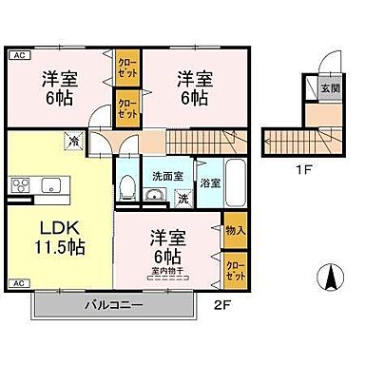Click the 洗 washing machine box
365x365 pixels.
tap(183, 199)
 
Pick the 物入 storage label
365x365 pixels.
tap(234, 230)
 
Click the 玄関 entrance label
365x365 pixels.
tap(327, 88)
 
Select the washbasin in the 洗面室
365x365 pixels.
tap(157, 198)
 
